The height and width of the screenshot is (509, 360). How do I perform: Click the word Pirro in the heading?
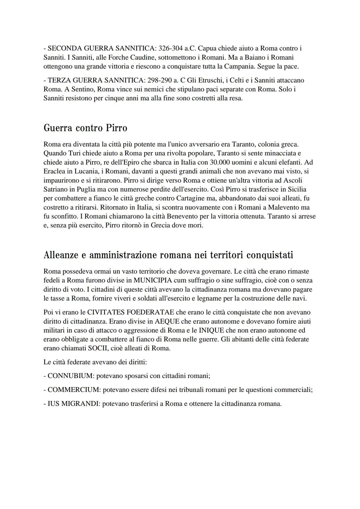point(116,128)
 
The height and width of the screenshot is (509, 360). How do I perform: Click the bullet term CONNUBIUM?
point(70,376)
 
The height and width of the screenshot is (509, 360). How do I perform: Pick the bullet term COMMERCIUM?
point(74,390)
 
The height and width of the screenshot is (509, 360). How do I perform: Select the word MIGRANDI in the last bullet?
point(79,404)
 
